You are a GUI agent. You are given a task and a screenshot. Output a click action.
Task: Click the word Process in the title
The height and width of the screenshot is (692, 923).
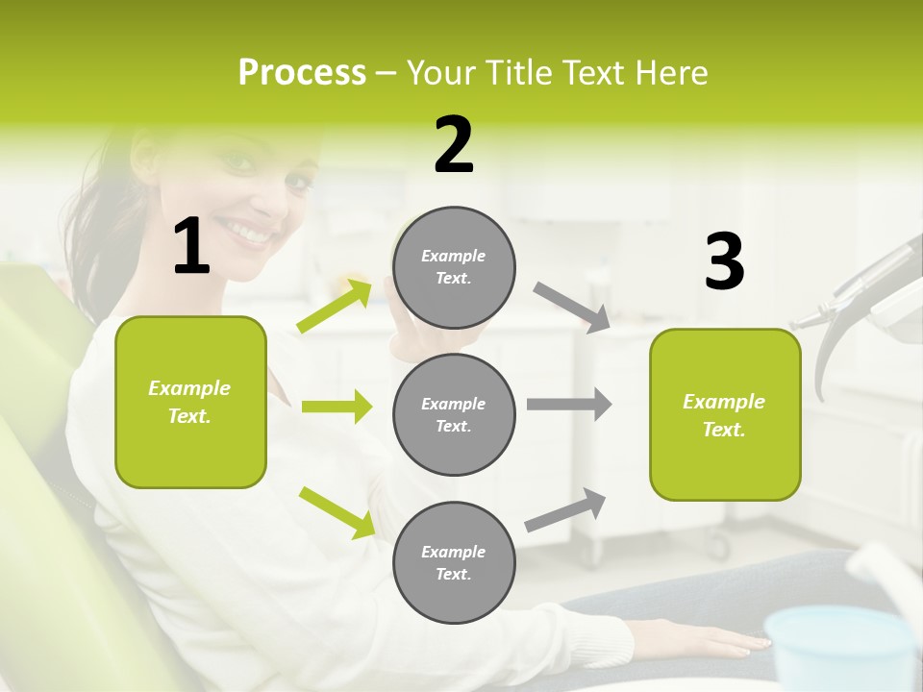click(x=302, y=73)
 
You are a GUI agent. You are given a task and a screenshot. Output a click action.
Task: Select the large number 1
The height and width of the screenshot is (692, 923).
click(x=191, y=248)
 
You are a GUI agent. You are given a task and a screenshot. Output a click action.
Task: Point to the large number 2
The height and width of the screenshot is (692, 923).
click(x=454, y=145)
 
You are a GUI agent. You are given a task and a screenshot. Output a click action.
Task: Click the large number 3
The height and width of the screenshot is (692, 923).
click(x=724, y=261)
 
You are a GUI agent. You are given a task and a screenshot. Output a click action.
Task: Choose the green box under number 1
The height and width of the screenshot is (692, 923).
click(x=190, y=402)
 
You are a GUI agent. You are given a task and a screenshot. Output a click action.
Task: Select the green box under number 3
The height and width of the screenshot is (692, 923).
click(x=725, y=414)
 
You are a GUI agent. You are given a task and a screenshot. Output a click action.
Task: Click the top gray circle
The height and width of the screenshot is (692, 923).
click(x=454, y=267)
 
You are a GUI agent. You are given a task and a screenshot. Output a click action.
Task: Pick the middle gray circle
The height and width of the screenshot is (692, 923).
click(x=454, y=414)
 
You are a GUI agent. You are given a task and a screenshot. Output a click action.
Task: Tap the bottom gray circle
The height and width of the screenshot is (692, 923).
click(x=454, y=562)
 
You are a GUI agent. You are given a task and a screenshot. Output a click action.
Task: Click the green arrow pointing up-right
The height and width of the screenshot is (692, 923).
click(x=335, y=307)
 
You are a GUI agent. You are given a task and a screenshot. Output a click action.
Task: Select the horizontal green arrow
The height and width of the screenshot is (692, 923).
click(x=337, y=407)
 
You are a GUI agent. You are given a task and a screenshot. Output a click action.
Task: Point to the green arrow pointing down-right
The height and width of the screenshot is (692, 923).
click(x=337, y=511)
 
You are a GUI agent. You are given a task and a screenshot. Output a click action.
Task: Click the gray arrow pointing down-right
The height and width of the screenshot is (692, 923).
click(x=572, y=307)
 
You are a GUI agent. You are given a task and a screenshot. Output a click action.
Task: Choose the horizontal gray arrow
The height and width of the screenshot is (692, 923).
click(x=568, y=404)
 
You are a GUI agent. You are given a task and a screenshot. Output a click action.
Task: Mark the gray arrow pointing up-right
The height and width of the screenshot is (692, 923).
click(x=565, y=509)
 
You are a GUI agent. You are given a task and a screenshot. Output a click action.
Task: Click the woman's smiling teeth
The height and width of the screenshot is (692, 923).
click(x=249, y=233)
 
